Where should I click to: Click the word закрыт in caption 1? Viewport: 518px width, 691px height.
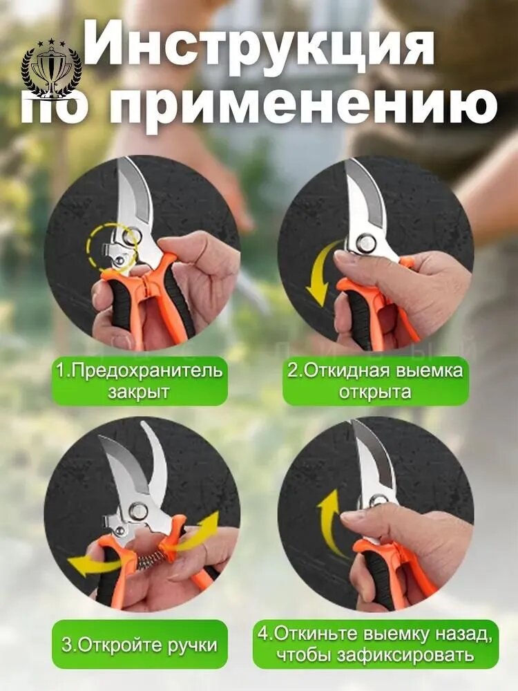coord(139,392)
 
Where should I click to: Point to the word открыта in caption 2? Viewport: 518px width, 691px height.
coord(375,392)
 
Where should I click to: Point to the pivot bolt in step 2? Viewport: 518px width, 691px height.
coord(364,243)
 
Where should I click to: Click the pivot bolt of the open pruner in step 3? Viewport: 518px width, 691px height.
coord(138,511)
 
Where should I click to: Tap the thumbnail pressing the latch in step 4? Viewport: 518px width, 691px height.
coord(351,516)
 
